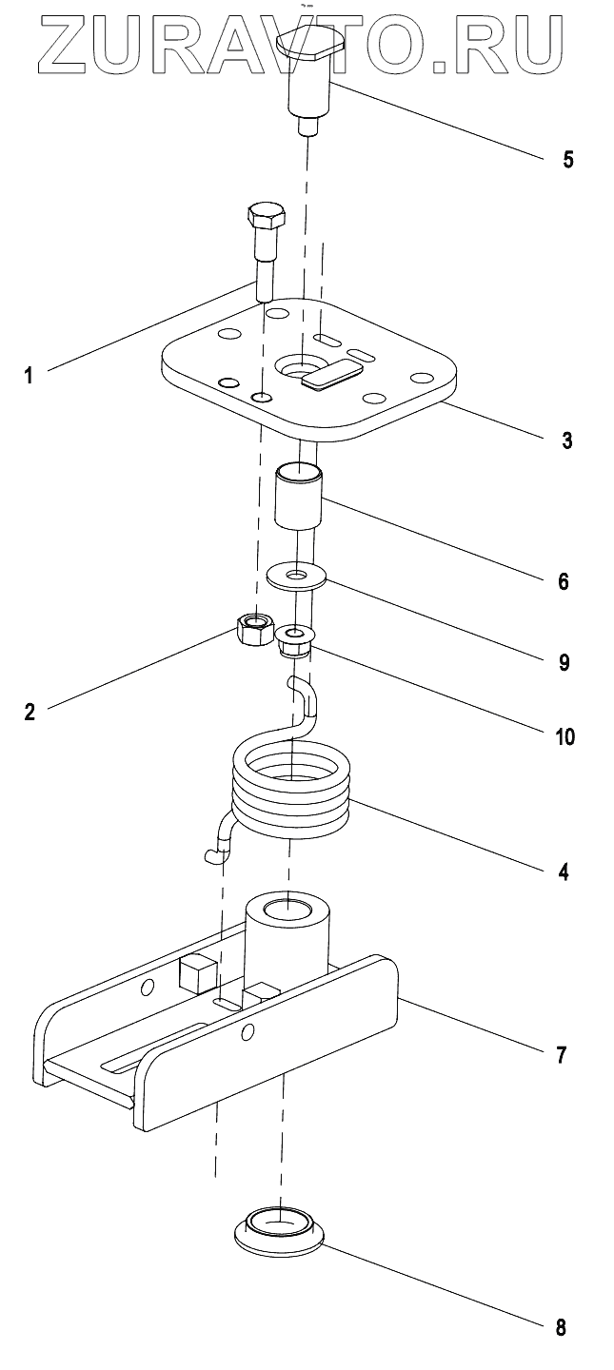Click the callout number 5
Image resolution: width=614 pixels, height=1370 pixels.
click(x=568, y=159)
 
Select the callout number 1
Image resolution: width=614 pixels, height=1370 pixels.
click(x=29, y=374)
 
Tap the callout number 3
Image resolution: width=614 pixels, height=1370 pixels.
click(x=567, y=440)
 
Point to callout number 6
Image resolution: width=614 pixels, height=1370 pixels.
click(x=564, y=581)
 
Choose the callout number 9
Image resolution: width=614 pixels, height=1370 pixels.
click(x=564, y=662)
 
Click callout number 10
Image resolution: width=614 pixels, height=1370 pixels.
click(x=564, y=736)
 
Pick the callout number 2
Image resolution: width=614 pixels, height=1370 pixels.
click(x=30, y=712)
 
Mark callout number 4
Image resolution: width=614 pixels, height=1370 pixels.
click(x=564, y=871)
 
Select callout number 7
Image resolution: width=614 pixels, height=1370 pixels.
click(x=562, y=1054)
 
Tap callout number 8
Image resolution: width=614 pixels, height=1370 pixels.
click(x=560, y=1326)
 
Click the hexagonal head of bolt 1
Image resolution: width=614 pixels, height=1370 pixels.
click(x=267, y=217)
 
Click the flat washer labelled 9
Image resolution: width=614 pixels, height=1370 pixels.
click(x=296, y=577)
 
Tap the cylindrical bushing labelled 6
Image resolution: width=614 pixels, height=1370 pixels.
click(x=298, y=496)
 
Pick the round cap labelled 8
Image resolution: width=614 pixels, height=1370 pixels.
click(x=279, y=1225)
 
